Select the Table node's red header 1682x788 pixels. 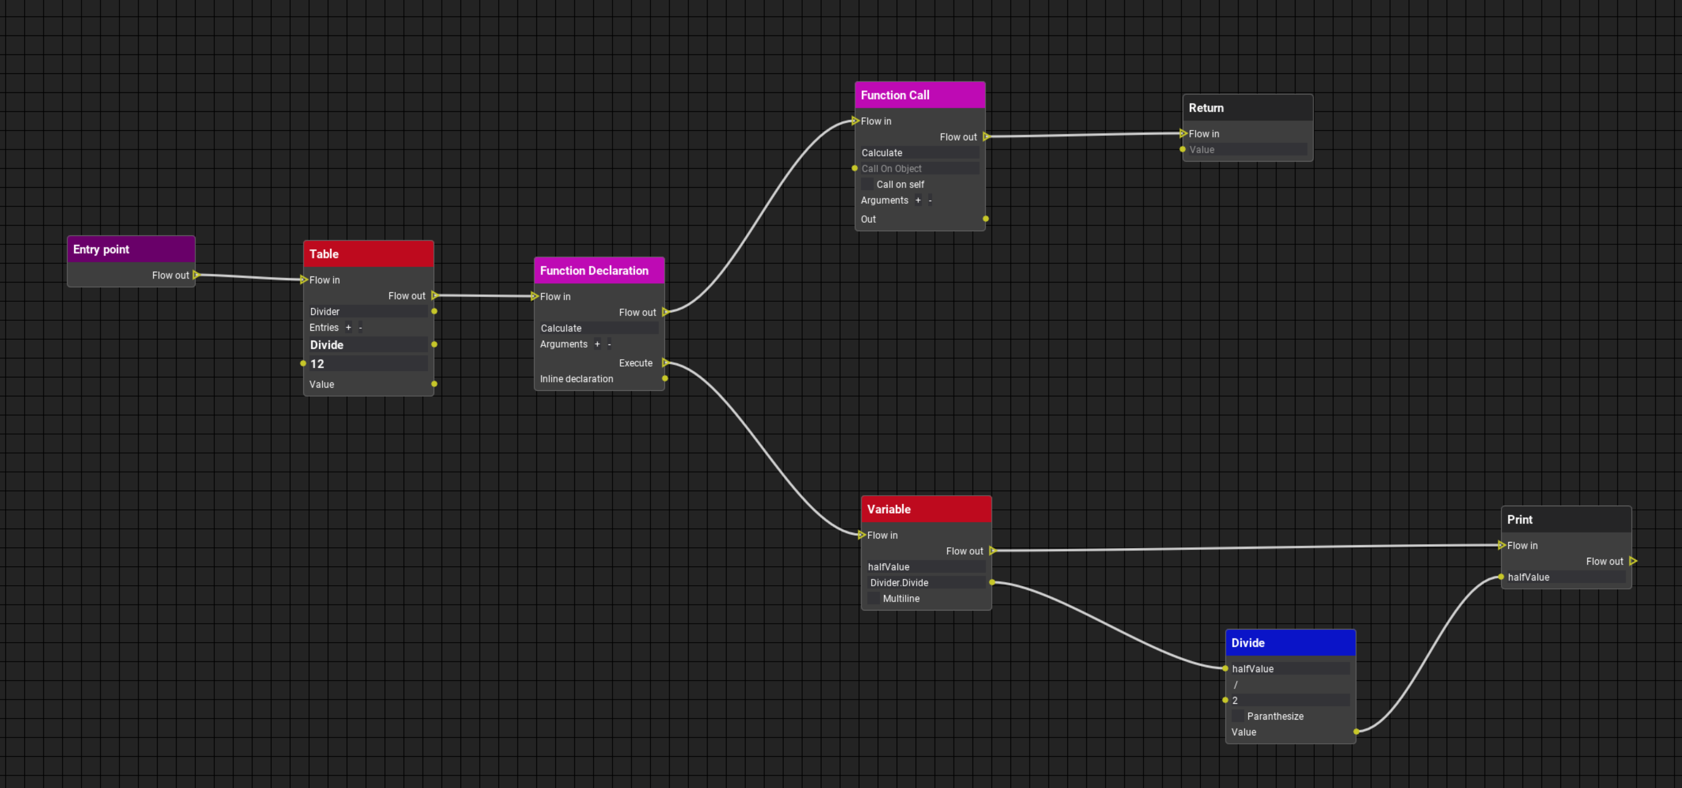click(x=368, y=254)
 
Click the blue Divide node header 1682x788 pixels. click(x=1290, y=643)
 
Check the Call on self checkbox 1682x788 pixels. click(x=867, y=185)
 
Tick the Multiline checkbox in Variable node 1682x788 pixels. click(x=873, y=599)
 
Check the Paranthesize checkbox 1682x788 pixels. click(x=1238, y=716)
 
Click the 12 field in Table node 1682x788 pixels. click(x=368, y=363)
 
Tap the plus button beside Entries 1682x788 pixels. click(x=348, y=328)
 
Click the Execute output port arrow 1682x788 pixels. click(x=665, y=363)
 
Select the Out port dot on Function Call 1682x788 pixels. click(x=985, y=219)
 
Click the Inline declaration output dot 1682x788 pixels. click(x=665, y=379)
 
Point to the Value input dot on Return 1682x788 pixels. click(x=1183, y=150)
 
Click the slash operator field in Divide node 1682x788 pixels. click(x=1290, y=685)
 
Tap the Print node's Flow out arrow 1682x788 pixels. click(x=1632, y=562)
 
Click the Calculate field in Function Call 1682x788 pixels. click(x=919, y=153)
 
